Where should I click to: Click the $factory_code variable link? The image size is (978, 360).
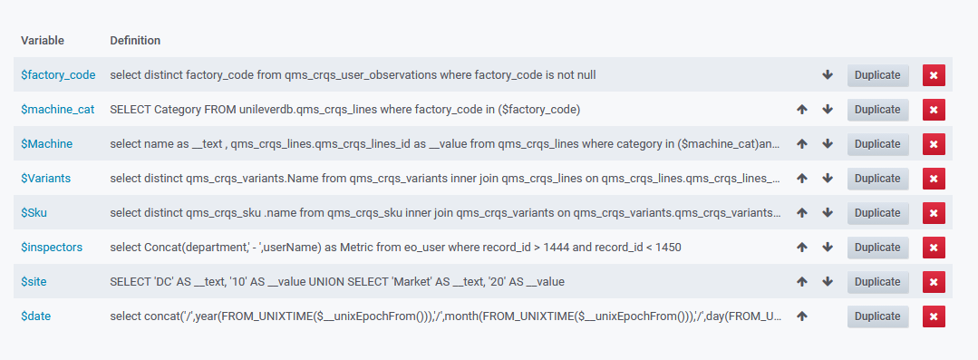[58, 75]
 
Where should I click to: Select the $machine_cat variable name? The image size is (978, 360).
[58, 110]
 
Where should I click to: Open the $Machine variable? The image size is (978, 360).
[47, 144]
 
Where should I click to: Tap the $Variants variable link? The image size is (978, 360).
[46, 179]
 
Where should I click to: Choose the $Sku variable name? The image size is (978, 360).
[35, 213]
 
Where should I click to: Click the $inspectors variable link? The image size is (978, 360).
[53, 248]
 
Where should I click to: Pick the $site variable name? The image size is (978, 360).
[34, 282]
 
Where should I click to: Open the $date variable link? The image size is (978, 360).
[35, 316]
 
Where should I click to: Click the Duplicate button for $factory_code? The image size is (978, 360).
[877, 75]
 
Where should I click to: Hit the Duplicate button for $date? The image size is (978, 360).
[877, 316]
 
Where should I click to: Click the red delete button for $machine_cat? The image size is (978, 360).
[934, 110]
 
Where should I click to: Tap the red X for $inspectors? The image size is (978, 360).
[934, 248]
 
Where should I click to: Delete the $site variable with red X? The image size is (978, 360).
[934, 282]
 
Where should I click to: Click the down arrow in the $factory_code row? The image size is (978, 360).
[828, 75]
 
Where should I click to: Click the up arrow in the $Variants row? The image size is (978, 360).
[801, 179]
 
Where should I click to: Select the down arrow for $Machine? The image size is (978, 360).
[828, 144]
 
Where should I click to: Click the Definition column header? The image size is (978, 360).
[135, 41]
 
